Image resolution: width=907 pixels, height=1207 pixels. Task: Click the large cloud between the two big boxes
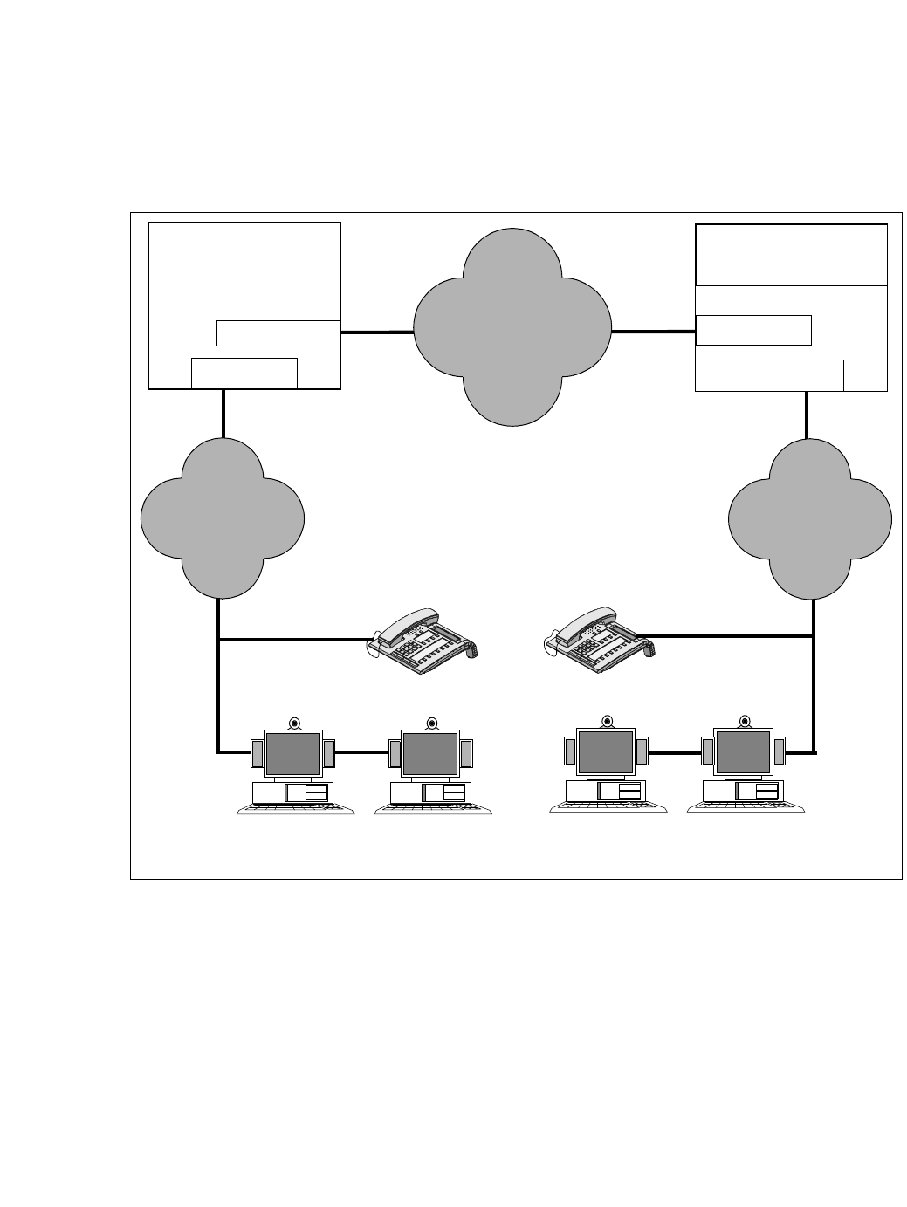(x=512, y=327)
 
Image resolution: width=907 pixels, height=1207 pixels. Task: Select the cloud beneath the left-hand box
(x=223, y=517)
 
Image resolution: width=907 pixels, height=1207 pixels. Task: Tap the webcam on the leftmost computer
(x=294, y=723)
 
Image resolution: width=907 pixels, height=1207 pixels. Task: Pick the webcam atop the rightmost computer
(x=745, y=721)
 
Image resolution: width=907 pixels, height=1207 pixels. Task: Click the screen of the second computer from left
(x=430, y=754)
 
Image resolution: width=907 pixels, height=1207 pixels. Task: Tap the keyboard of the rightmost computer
(x=746, y=808)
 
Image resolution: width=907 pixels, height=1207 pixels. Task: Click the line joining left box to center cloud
(x=376, y=333)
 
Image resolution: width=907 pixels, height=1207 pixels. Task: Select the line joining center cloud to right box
(x=653, y=332)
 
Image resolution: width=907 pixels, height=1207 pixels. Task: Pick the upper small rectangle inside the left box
(x=278, y=333)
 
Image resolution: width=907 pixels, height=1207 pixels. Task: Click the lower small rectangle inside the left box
(x=244, y=373)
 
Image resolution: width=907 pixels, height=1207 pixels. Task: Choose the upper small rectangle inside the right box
(x=754, y=331)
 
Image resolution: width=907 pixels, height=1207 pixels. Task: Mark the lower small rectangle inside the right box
(x=791, y=375)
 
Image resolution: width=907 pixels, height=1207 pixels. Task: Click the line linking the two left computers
(x=361, y=751)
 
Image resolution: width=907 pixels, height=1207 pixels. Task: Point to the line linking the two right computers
(x=675, y=751)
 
